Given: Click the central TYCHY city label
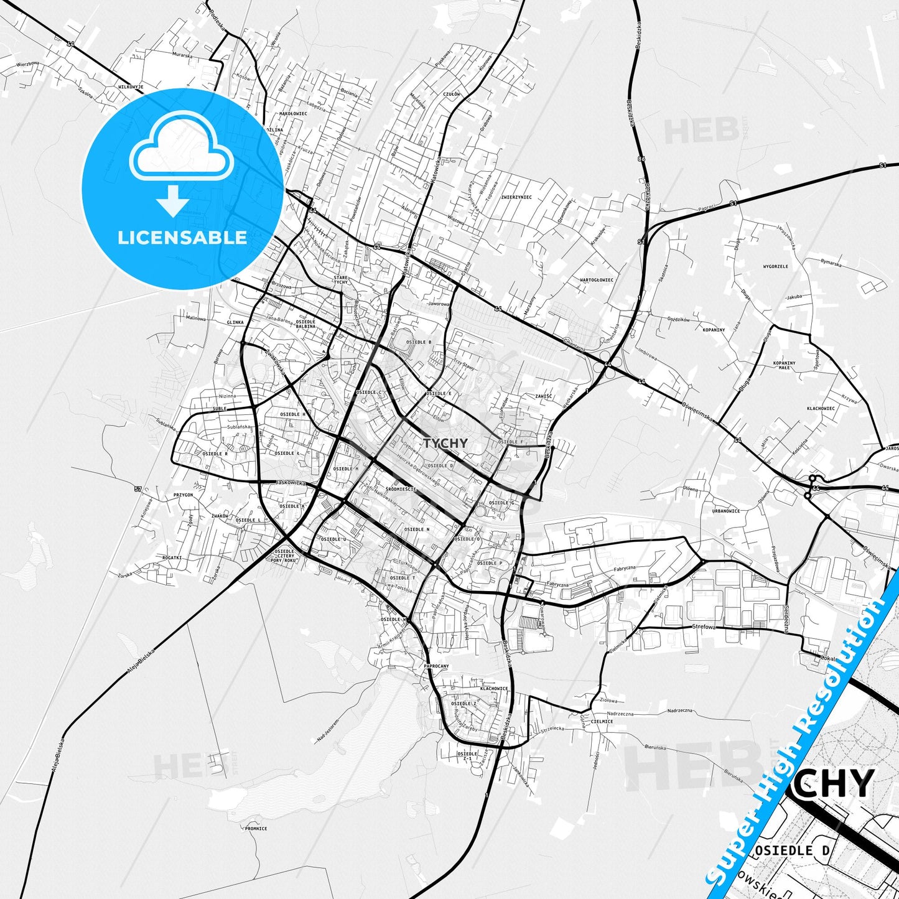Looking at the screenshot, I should coord(445,443).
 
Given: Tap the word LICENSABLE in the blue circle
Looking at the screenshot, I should coord(182,238).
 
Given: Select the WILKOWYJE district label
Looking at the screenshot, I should coord(130,86).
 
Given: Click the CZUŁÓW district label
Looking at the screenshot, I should coord(452,94).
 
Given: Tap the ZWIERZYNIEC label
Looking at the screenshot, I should coord(516,197).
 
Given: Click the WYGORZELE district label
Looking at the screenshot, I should coord(775,266).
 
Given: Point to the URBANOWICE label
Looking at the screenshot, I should coord(725,511).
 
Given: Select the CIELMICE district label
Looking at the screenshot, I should coord(602,722).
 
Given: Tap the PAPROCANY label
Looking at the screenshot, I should coord(436,666).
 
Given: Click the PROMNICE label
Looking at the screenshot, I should coord(255,829).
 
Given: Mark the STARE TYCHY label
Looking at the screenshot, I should coord(341,279).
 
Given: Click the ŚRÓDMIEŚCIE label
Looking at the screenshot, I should coord(400,489).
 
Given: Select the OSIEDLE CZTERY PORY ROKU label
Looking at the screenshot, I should coord(284,556).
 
